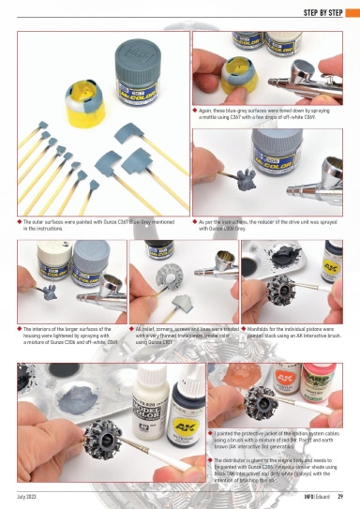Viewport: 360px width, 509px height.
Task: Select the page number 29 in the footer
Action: pyautogui.click(x=339, y=496)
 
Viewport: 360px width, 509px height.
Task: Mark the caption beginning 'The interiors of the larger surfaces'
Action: pyautogui.click(x=70, y=335)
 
